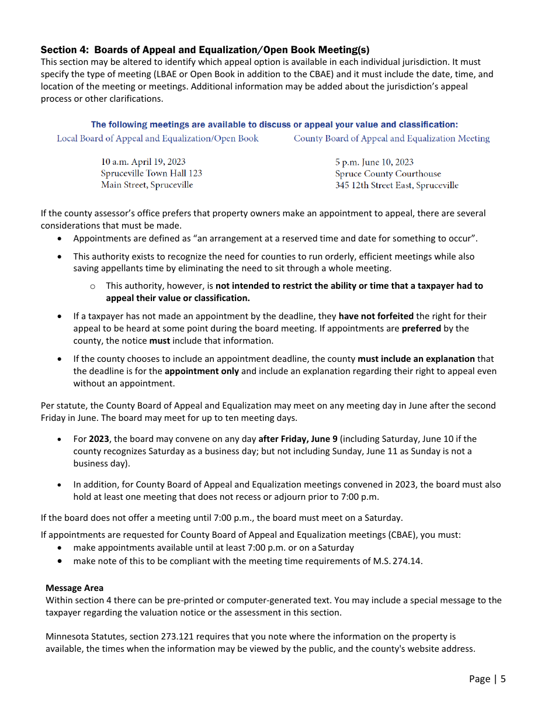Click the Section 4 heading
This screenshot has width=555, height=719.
204,50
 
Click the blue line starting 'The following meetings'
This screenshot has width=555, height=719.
274,125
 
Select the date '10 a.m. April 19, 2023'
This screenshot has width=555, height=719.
143,162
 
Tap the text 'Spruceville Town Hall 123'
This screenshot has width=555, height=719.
151,174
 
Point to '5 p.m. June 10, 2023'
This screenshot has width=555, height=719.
374,163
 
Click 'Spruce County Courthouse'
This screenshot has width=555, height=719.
388,174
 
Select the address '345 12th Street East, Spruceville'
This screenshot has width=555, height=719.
397,186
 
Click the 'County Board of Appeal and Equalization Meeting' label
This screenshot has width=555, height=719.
391,139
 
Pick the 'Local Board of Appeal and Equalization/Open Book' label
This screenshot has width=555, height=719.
157,139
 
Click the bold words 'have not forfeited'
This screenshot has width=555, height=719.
376,316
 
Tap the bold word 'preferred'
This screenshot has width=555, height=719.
421,329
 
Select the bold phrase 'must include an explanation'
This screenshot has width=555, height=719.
416,359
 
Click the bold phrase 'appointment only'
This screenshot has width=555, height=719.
202,371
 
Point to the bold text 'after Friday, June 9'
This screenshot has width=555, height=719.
298,439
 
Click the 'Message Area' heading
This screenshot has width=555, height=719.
74,588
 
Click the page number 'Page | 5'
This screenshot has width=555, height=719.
487,679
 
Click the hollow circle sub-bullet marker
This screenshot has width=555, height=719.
92,286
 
